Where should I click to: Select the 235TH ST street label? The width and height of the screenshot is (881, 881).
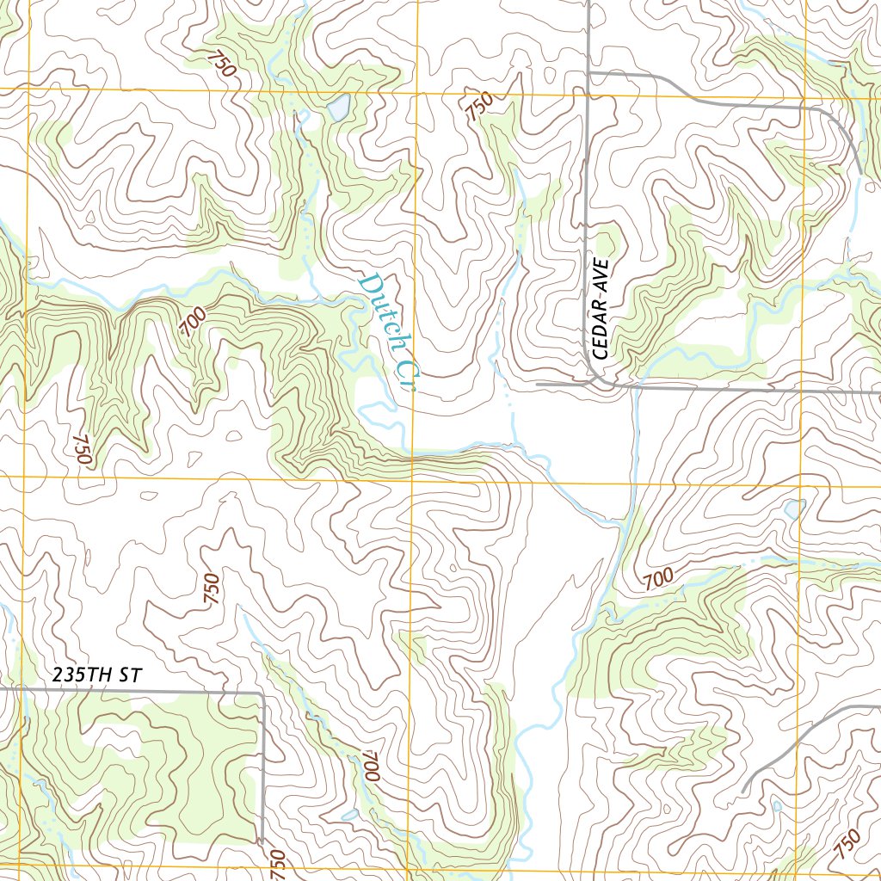coord(95,675)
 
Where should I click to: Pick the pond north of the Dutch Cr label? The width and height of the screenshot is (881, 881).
coord(337,108)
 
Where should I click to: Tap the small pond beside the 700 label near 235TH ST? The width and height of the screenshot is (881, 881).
coord(349,814)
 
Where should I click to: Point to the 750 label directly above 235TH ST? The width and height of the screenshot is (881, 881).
coord(212,589)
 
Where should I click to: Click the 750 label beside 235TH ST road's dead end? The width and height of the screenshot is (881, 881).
coord(277,863)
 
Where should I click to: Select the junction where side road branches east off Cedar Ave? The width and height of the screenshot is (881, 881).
coord(588,74)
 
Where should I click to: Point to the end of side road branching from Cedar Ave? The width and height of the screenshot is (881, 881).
coord(859,172)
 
